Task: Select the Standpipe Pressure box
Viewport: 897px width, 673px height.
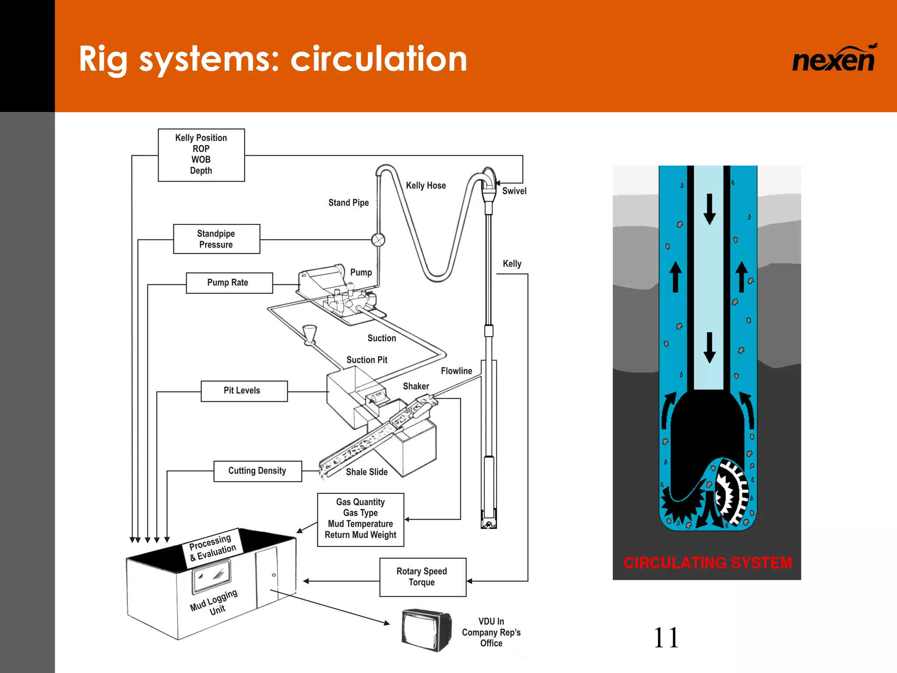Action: [x=216, y=239]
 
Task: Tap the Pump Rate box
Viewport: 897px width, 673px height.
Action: [x=229, y=283]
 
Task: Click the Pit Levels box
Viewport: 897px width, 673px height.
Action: [x=244, y=391]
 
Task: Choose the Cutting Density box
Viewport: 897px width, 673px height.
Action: [x=258, y=471]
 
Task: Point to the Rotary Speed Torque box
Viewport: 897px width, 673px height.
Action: [x=422, y=577]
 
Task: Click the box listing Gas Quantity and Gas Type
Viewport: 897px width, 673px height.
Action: [x=360, y=519]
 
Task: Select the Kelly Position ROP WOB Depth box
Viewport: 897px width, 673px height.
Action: [x=201, y=155]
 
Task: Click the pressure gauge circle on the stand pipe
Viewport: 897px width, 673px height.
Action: [x=378, y=240]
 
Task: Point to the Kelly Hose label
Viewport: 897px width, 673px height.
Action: [x=426, y=185]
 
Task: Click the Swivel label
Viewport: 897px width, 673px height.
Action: [x=514, y=191]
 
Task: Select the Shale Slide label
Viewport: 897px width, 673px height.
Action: [x=367, y=472]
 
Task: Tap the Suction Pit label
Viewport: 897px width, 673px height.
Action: [x=367, y=360]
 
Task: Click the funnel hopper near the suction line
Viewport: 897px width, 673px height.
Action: [x=310, y=333]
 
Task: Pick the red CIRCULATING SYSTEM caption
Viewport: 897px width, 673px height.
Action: [x=707, y=563]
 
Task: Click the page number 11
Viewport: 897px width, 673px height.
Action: [x=666, y=638]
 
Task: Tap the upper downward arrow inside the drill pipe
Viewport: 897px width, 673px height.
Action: [x=710, y=209]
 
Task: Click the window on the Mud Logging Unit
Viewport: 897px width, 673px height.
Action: [x=212, y=575]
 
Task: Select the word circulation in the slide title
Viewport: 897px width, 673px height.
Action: [x=379, y=59]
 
